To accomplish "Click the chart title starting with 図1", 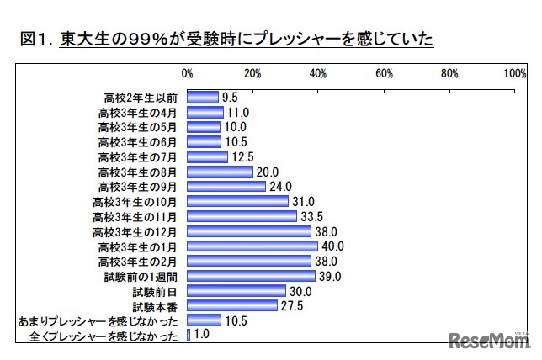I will [224, 39].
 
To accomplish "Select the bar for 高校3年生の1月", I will [252, 246].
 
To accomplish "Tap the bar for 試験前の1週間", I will [250, 276].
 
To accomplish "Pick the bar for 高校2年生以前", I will [202, 97].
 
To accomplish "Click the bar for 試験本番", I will [231, 306].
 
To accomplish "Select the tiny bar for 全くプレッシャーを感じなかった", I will [188, 336].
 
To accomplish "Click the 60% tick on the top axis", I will [385, 74].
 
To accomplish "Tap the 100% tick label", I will [515, 74].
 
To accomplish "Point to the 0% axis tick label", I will [187, 74].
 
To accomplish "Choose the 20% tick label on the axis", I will [252, 74].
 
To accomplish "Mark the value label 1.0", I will [202, 336].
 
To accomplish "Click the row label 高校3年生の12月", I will [135, 231].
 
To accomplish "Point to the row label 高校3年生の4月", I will [138, 112].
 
